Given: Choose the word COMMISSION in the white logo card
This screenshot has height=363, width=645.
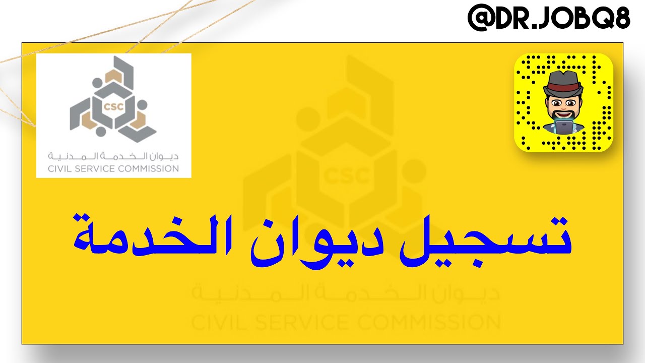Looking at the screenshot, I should pyautogui.click(x=148, y=168).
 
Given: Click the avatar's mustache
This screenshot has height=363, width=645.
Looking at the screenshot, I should pyautogui.click(x=563, y=114).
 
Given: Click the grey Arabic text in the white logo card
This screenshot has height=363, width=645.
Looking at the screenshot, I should pyautogui.click(x=113, y=155).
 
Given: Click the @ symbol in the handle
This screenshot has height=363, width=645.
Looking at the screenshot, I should pyautogui.click(x=479, y=19).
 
